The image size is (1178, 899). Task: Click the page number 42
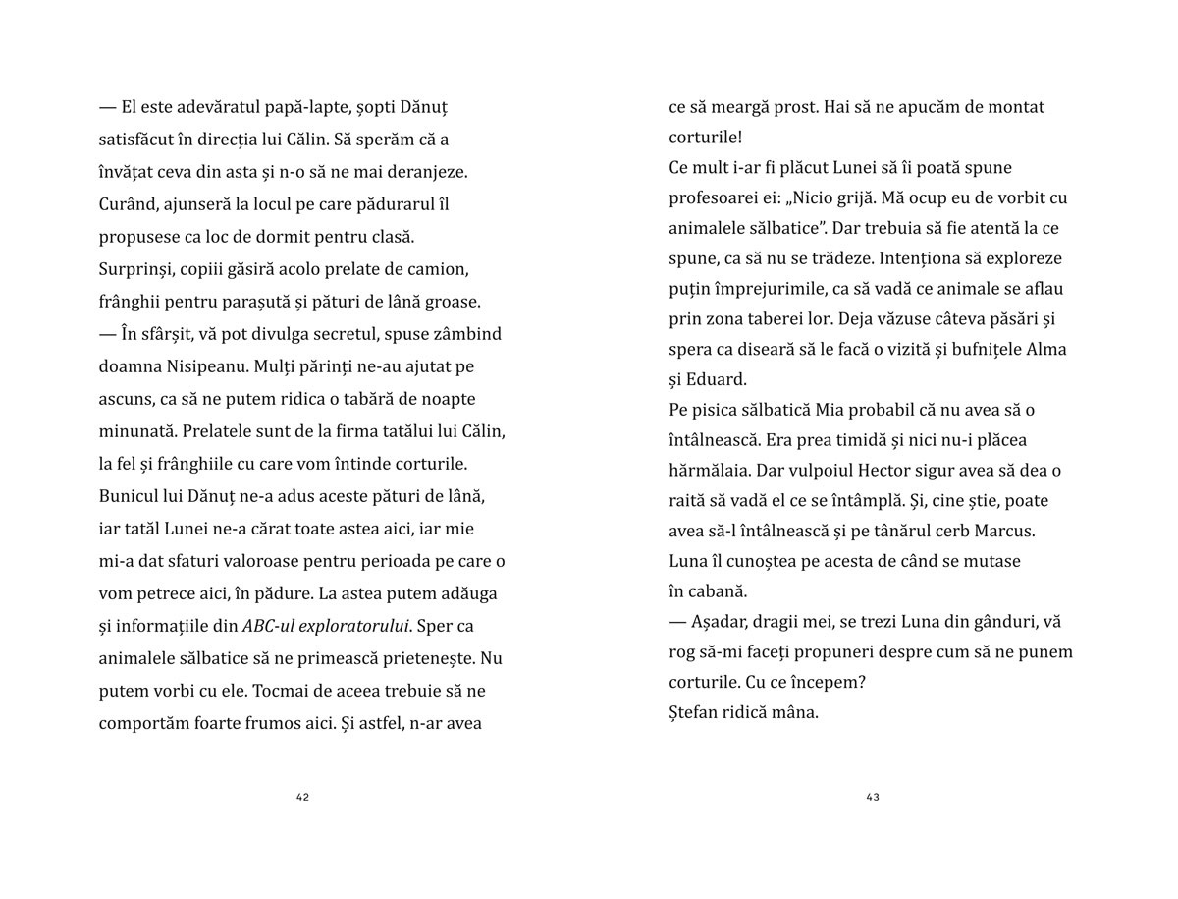point(302,797)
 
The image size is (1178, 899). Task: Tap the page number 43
point(873,797)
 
